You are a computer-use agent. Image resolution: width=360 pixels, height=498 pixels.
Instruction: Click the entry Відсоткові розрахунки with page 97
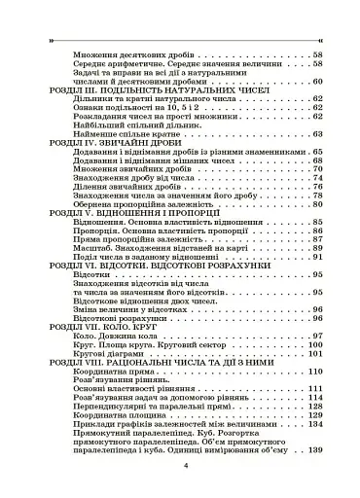[x=114, y=314]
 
